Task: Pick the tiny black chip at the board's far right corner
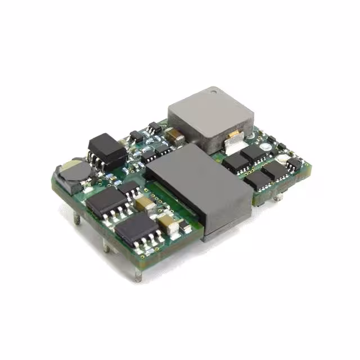pyautogui.click(x=294, y=164)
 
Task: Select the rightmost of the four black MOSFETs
pyautogui.click(x=275, y=169)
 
